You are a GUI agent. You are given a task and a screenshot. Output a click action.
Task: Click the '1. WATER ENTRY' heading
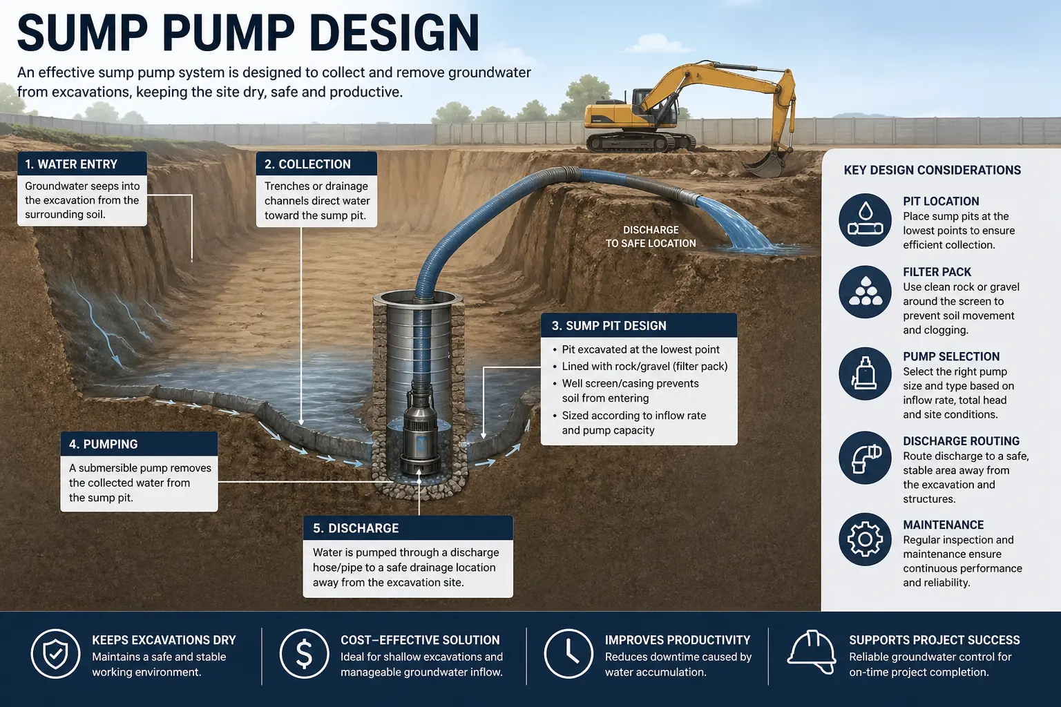[x=71, y=164]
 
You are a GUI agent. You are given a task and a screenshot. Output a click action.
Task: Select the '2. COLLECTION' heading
[x=307, y=164]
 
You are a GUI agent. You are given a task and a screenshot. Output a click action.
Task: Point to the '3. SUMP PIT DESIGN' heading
[x=609, y=326]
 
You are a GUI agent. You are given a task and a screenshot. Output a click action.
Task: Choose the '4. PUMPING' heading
[x=103, y=445]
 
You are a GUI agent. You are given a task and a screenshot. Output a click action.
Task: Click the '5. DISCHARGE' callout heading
[x=356, y=528]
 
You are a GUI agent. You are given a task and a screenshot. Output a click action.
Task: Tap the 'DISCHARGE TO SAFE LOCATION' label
[x=651, y=237]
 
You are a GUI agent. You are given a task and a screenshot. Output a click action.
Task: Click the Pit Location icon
[x=865, y=220]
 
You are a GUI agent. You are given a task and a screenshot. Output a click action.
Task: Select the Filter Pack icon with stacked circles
[x=865, y=291]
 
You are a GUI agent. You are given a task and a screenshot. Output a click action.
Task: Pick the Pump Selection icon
[x=865, y=374]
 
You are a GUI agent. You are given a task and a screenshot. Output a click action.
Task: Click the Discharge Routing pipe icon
[x=865, y=458]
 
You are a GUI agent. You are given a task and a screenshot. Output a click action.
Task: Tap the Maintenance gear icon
[x=865, y=539]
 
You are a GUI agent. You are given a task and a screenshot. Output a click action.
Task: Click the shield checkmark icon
[x=55, y=653]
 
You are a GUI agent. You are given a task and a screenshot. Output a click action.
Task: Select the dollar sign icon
[x=304, y=653]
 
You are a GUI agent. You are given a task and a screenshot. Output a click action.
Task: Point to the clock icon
[x=568, y=653]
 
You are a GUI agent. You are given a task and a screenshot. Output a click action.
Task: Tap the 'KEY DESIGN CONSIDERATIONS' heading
[x=932, y=171]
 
